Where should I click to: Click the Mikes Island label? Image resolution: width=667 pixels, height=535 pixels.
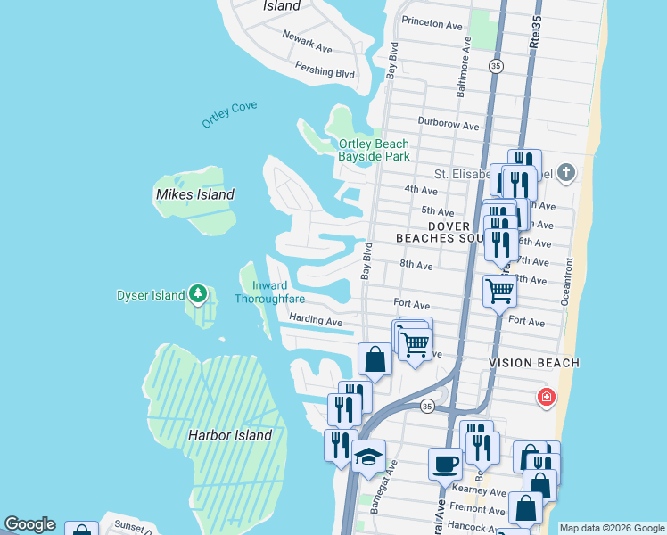194,194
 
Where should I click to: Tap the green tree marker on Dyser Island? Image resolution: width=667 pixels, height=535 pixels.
197,293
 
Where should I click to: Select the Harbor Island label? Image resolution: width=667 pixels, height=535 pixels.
230,436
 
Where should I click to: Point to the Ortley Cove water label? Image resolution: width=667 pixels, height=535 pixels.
229,114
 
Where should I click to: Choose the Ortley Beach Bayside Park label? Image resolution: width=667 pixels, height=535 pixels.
374,150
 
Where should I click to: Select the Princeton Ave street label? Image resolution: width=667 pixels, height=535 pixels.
432,21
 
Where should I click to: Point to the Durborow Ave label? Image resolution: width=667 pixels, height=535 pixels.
449,122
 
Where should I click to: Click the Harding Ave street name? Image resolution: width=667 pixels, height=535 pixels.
316,321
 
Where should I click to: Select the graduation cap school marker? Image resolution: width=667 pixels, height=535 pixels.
368,457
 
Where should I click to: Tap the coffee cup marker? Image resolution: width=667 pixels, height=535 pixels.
445,464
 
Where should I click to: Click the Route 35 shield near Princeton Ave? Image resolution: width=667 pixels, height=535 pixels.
496,66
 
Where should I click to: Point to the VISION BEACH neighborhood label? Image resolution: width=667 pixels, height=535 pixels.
534,363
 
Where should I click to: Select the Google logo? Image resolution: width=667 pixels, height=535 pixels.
29,524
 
